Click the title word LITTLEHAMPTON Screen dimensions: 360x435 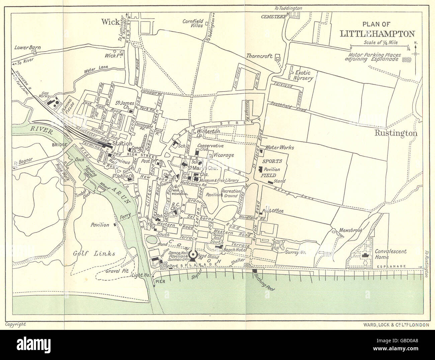coord(377,33)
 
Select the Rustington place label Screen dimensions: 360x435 coord(395,133)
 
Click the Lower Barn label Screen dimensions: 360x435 coord(27,48)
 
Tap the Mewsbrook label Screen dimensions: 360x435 coord(351,231)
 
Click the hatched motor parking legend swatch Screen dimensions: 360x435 coord(406,59)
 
